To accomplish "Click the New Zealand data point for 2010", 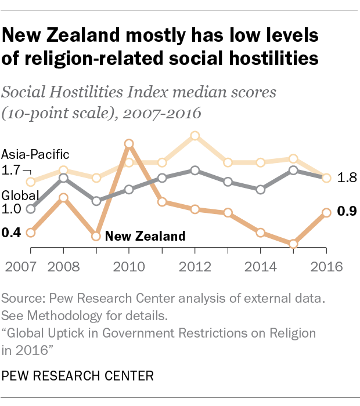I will (129, 143).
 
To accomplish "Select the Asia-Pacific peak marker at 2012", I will (195, 136).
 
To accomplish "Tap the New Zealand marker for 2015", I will (293, 244).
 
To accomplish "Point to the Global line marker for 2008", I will (63, 178).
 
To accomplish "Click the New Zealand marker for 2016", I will (326, 213).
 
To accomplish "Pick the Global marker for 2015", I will (293, 170).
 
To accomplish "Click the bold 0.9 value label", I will (347, 212).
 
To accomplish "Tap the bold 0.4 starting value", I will (11, 233).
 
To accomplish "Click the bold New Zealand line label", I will (145, 236).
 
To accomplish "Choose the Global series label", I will (20, 195).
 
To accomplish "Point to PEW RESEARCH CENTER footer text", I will (78, 376).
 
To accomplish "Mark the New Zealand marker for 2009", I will (96, 236).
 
